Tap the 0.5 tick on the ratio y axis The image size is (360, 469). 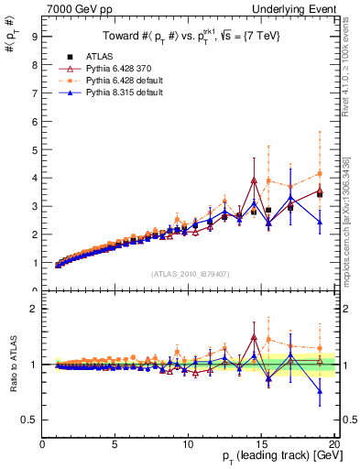[x=30, y=420]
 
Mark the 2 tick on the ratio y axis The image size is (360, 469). [x=34, y=309]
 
